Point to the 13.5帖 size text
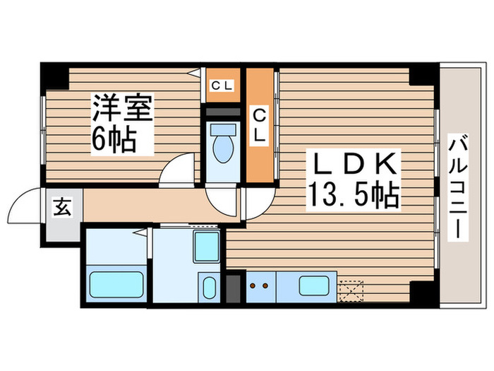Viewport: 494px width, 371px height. point(352,194)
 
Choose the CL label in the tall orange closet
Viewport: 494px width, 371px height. point(260,124)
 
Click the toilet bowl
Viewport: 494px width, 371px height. point(224,145)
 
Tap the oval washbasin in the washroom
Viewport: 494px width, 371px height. point(210,289)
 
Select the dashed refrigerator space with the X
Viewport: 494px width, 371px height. point(350,290)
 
